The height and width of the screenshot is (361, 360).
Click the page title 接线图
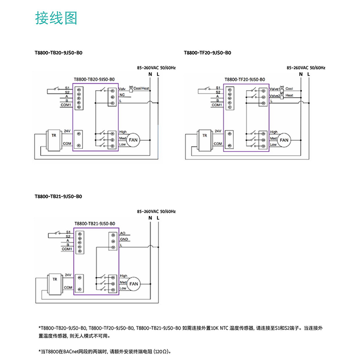coord(56,18)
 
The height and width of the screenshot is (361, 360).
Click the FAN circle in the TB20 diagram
coord(134,139)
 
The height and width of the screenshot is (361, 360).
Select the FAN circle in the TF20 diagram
coord(284,139)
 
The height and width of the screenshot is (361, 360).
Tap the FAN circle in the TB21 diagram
coord(134,283)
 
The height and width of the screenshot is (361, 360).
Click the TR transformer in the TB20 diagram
coord(54,138)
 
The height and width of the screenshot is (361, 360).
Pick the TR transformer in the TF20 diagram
coord(204,138)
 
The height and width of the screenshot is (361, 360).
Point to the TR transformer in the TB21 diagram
coord(54,283)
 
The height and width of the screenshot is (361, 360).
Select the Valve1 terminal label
coord(274,88)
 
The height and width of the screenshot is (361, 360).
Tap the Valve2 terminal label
coord(274,95)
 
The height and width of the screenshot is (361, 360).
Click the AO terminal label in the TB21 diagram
coord(122,233)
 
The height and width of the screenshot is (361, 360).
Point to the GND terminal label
coord(124,239)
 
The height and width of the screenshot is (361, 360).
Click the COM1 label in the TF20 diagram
coord(216,105)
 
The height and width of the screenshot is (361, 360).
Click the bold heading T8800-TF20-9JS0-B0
coord(208,53)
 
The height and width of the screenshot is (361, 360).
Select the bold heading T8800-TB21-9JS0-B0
coord(58,197)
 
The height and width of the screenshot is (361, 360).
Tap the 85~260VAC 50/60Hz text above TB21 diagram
coord(156,212)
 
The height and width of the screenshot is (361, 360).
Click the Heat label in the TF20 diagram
coord(289,95)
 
